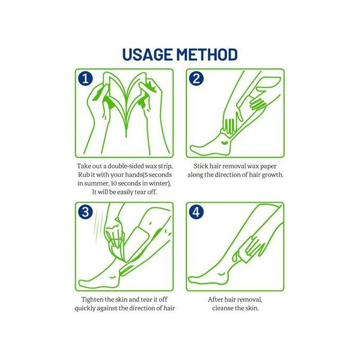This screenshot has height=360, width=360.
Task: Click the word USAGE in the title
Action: pos(147,55)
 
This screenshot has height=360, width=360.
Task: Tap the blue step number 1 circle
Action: pos(85,78)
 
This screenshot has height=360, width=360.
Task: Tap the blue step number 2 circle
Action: pos(196,78)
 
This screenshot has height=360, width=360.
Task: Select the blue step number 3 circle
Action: pos(85,212)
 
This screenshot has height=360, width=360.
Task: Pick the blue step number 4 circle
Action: pos(196,212)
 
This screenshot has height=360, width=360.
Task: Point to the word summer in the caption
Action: pos(96,184)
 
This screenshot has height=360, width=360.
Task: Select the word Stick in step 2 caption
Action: pos(201,166)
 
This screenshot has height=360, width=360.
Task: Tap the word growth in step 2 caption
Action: pos(273,175)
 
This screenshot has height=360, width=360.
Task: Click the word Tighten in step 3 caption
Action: pos(92,300)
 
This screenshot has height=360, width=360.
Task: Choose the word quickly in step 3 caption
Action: pos(85,308)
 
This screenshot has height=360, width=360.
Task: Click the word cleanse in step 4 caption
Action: pos(221,308)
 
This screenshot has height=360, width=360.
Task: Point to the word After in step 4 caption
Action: pos(215,300)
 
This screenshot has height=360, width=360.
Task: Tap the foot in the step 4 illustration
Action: pos(209,277)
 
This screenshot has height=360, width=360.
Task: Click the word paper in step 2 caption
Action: pos(268,166)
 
